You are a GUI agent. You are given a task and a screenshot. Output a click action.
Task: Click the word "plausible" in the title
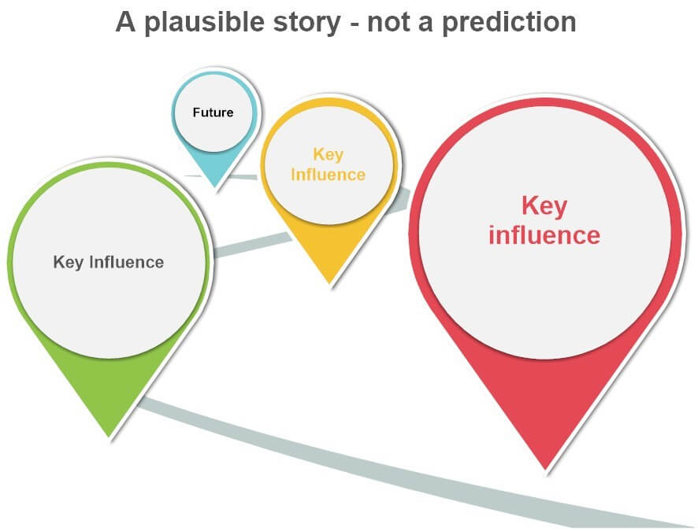pos(205,23)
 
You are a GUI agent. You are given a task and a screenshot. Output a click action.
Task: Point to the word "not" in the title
pos(389,23)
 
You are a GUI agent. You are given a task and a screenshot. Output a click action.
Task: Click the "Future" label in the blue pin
pos(213,112)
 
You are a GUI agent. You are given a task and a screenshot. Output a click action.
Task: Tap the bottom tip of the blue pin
pos(215,187)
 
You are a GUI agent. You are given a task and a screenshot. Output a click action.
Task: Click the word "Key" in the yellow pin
pos(329,155)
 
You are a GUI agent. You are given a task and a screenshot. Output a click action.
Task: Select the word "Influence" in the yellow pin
pos(328,175)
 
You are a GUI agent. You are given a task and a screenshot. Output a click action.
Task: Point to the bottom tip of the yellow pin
pos(329,283)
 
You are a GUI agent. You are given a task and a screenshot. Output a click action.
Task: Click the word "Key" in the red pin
pos(544,207)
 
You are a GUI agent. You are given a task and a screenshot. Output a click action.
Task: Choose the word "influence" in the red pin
pos(544,235)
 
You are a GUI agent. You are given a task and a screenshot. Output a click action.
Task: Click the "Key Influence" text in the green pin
pos(109,262)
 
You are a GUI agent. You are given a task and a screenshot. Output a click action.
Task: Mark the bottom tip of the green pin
pos(109,437)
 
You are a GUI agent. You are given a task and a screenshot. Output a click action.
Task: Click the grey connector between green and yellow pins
pos(252,245)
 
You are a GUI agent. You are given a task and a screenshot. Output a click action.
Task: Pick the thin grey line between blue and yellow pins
pos(242,177)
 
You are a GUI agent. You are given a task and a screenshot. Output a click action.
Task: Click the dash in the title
pos(355,25)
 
